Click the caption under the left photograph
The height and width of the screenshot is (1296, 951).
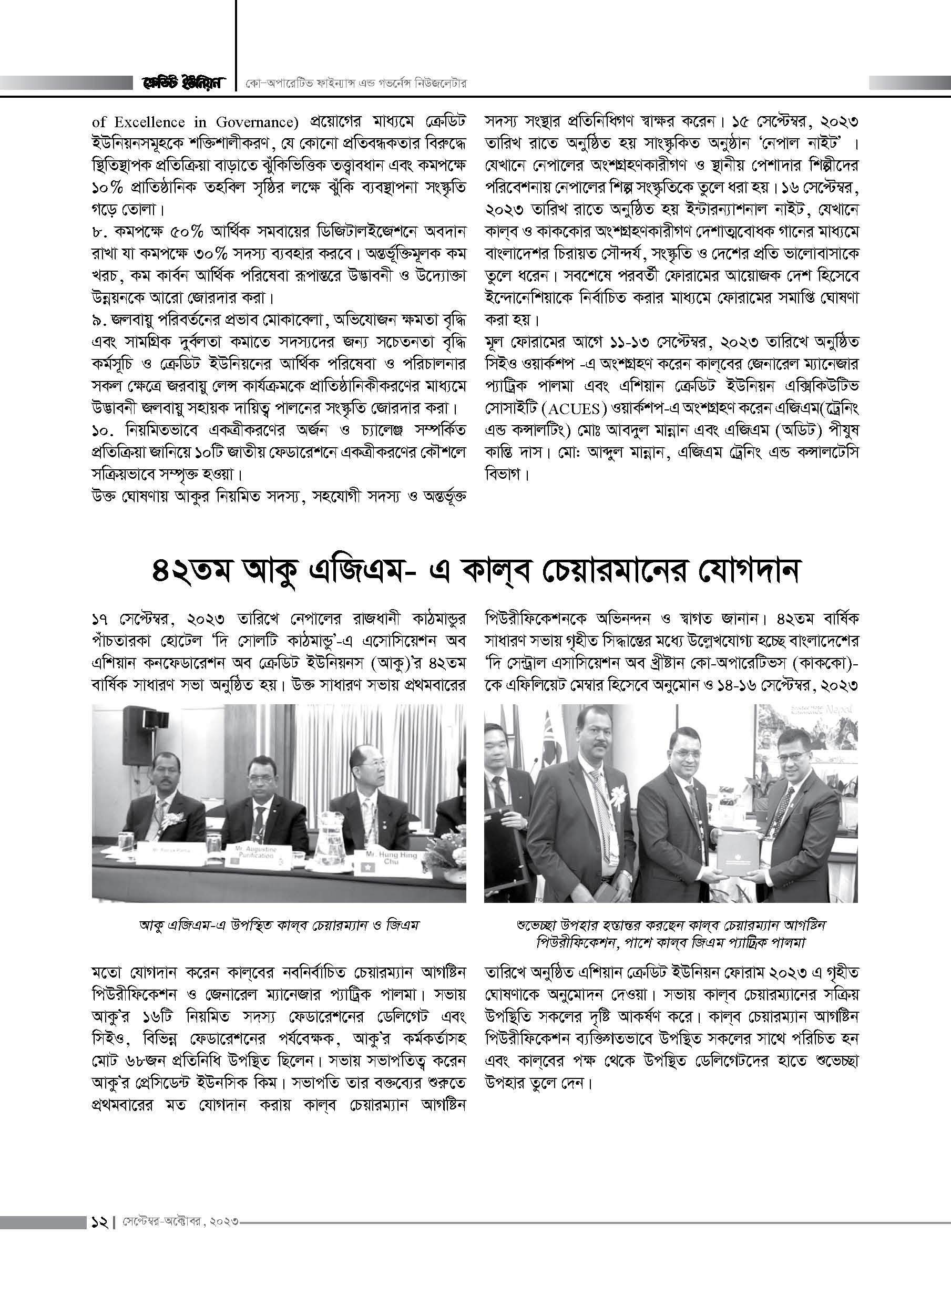tap(279, 925)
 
